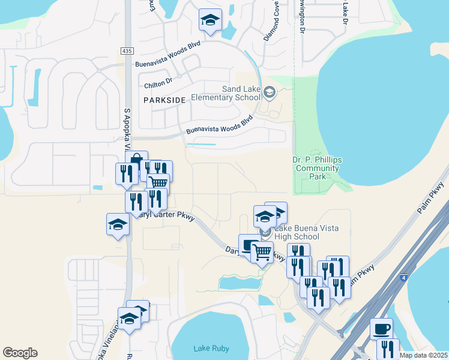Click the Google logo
click(x=20, y=353)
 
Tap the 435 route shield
click(x=126, y=51)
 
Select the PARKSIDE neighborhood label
click(x=164, y=100)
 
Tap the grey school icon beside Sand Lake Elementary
click(x=270, y=92)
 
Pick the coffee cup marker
click(x=381, y=329)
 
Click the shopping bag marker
click(x=136, y=161)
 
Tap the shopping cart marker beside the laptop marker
click(x=262, y=251)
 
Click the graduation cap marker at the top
click(x=210, y=20)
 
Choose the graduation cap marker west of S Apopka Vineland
click(x=118, y=224)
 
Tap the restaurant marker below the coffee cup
click(x=388, y=349)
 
